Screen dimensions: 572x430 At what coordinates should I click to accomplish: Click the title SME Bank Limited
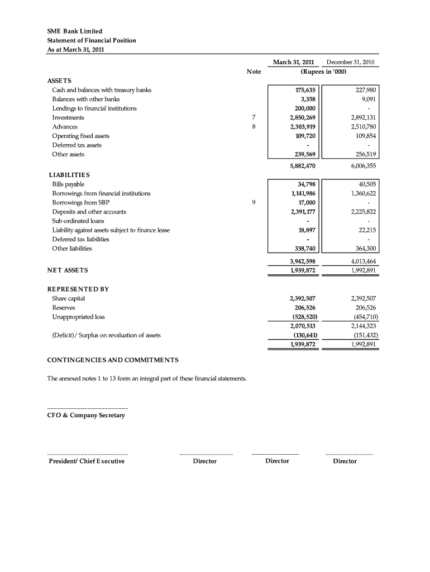(x=74, y=31)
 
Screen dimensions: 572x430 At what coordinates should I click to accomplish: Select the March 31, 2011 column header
(x=293, y=62)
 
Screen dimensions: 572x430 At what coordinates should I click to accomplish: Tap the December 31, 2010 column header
(x=350, y=62)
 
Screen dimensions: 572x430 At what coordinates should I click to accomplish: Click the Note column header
(x=254, y=71)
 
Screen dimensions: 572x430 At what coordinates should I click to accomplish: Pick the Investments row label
(x=68, y=117)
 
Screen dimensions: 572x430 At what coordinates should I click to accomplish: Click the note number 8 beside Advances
(x=254, y=127)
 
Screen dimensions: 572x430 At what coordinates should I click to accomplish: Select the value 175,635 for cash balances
(x=305, y=90)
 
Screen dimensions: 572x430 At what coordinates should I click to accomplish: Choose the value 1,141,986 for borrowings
(x=302, y=193)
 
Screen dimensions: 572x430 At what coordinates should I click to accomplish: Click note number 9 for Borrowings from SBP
(x=254, y=202)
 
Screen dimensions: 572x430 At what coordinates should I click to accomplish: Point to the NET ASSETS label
(x=68, y=270)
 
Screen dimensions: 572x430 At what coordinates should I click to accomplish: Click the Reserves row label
(x=64, y=307)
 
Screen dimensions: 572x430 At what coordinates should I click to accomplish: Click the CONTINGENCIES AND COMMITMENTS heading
(x=113, y=359)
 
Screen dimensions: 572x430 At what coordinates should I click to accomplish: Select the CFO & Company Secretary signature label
(x=86, y=416)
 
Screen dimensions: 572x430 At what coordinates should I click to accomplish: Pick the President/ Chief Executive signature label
(x=87, y=461)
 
